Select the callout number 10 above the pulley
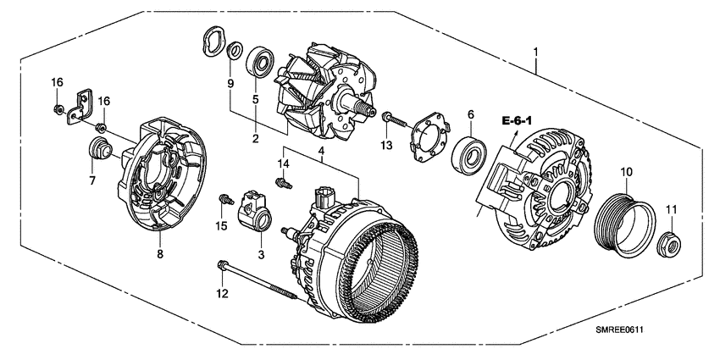[x=627, y=173]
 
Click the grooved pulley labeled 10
[x=624, y=224]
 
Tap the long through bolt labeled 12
[x=258, y=280]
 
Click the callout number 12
[x=223, y=294]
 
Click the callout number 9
[x=229, y=82]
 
